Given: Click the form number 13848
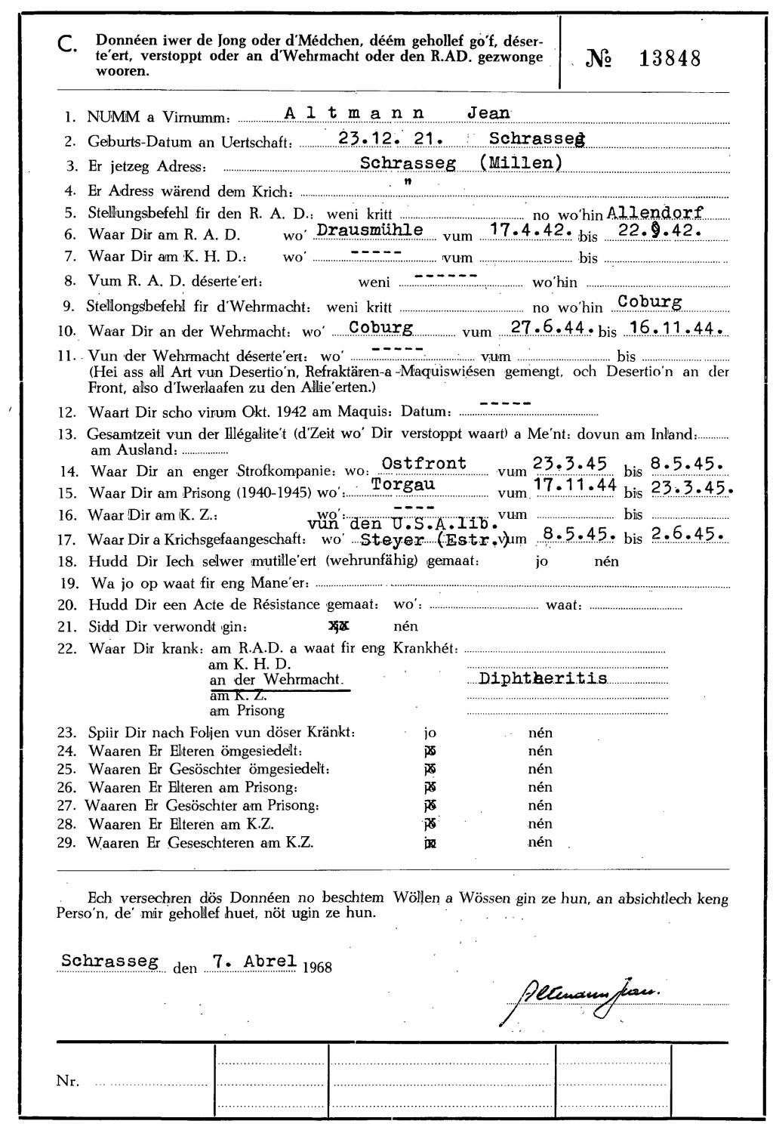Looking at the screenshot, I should [670, 58].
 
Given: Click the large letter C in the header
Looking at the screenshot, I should [66, 46].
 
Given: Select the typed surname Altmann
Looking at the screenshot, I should [354, 113].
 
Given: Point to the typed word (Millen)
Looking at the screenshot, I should [521, 162].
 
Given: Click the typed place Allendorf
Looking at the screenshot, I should [655, 213].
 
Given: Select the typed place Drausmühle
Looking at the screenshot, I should [369, 230].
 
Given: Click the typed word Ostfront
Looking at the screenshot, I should [424, 463].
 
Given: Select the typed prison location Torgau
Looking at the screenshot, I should [403, 484].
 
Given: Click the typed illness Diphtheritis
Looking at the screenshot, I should [543, 678].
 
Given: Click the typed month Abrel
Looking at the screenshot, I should [269, 962].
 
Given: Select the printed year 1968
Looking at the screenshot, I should [317, 967].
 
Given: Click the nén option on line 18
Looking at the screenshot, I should [606, 561].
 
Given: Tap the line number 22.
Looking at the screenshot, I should [67, 648].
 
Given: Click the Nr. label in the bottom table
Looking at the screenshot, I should [68, 1081].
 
